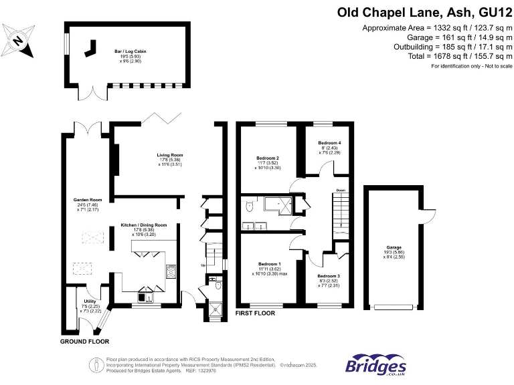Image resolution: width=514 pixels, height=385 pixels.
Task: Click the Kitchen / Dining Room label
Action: pyautogui.click(x=144, y=225)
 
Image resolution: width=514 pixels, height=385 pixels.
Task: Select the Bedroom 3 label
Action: pyautogui.click(x=329, y=276)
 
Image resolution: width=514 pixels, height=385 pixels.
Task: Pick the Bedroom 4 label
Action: pyautogui.click(x=329, y=143)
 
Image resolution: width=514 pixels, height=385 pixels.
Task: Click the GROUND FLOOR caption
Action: pyautogui.click(x=84, y=341)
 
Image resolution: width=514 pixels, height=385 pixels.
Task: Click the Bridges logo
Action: pyautogui.click(x=375, y=364)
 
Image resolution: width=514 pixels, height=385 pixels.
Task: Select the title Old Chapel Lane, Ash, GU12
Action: pyautogui.click(x=424, y=12)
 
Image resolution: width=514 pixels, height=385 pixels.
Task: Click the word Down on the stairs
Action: pyautogui.click(x=341, y=189)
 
